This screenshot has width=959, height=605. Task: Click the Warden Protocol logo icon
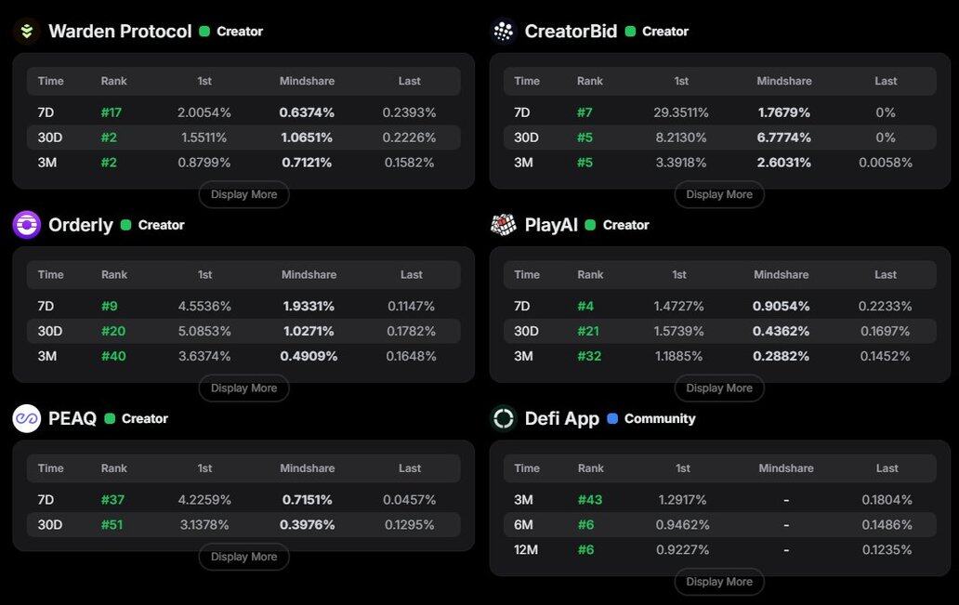click(x=26, y=31)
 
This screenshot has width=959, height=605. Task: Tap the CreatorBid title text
click(x=571, y=31)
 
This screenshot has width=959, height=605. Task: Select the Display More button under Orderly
click(x=243, y=388)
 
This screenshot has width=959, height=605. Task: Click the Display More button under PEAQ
click(x=243, y=557)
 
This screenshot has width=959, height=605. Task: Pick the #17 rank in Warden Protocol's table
click(x=112, y=112)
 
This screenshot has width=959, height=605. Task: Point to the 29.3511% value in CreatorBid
click(x=681, y=112)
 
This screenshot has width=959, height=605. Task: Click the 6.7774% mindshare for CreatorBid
click(x=783, y=138)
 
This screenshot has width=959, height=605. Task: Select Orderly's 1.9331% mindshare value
click(x=309, y=306)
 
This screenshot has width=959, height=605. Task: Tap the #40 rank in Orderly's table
click(x=113, y=356)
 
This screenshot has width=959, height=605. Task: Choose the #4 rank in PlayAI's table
click(x=585, y=306)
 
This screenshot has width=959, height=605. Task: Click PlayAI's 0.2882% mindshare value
click(x=781, y=356)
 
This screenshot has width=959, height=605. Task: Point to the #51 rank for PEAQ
click(x=112, y=524)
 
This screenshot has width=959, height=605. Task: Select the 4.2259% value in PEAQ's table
click(x=204, y=499)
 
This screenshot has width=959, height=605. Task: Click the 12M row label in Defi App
click(x=527, y=549)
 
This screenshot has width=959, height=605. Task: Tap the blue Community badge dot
click(x=612, y=418)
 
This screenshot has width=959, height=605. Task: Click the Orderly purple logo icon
click(x=26, y=224)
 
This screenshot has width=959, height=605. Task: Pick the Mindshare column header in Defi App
click(x=785, y=468)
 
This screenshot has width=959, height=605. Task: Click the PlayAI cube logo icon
click(x=504, y=224)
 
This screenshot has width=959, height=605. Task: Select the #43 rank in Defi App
click(x=590, y=499)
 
